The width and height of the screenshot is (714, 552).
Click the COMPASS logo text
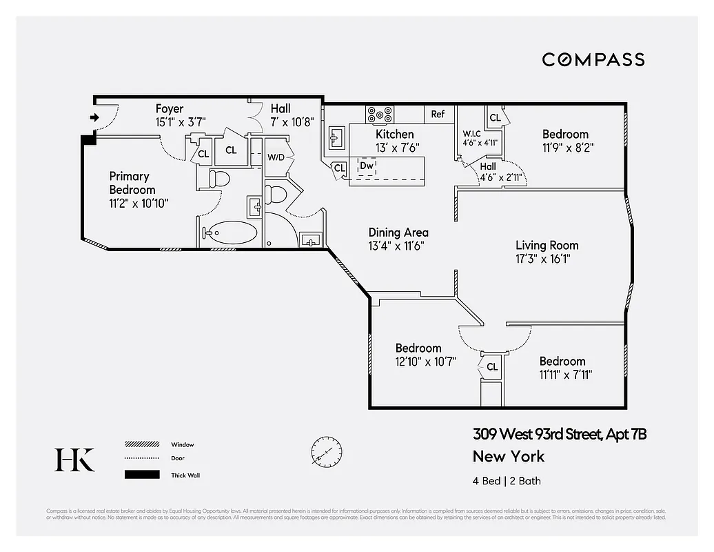pyautogui.click(x=593, y=59)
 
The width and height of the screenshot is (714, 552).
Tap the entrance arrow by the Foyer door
pyautogui.click(x=94, y=118)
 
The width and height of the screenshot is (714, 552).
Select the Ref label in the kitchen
pyautogui.click(x=438, y=115)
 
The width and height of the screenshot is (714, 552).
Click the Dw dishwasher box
pyautogui.click(x=367, y=166)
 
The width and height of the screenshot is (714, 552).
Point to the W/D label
pyautogui.click(x=276, y=157)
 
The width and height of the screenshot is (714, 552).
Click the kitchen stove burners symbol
pyautogui.click(x=380, y=114)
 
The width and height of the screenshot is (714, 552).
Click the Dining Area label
pyautogui.click(x=398, y=233)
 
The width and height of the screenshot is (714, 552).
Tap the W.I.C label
pyautogui.click(x=472, y=133)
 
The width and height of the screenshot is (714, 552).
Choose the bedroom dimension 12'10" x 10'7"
pyautogui.click(x=425, y=362)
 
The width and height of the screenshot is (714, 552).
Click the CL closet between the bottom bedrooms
pyautogui.click(x=492, y=366)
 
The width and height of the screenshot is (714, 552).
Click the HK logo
pyautogui.click(x=74, y=460)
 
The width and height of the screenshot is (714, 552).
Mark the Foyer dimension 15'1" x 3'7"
pyautogui.click(x=181, y=121)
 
